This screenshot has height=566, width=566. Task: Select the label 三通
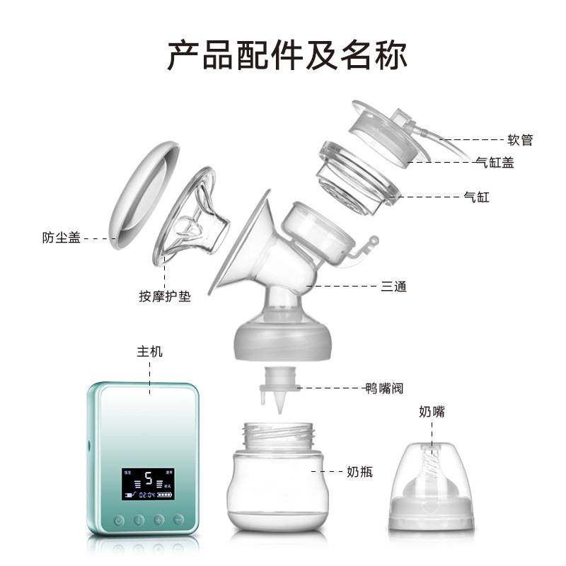(393, 287)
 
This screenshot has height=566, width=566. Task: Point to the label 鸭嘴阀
(384, 388)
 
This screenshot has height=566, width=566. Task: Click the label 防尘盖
(61, 238)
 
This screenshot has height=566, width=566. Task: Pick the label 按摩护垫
(164, 296)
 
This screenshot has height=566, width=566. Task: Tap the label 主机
(149, 352)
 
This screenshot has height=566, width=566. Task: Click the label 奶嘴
(432, 412)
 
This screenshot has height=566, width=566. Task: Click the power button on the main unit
(119, 520)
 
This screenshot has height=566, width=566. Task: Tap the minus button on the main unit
(178, 520)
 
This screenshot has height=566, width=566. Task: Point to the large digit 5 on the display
(149, 479)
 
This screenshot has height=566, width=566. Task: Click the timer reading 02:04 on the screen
(147, 495)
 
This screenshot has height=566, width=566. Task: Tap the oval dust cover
(141, 195)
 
